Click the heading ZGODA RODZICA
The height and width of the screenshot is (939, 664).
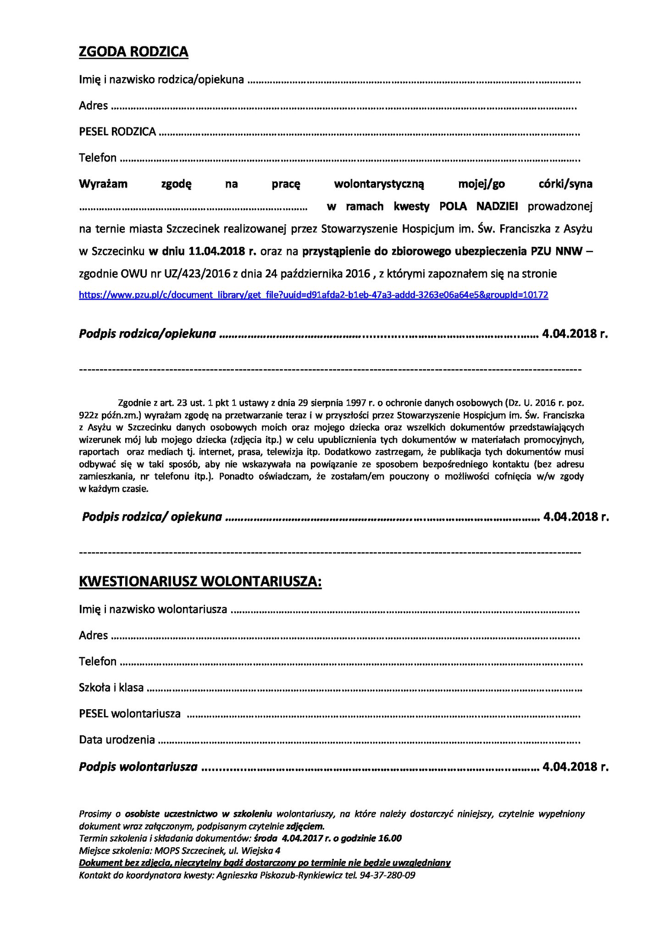(133, 52)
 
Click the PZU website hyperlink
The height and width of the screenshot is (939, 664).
(313, 295)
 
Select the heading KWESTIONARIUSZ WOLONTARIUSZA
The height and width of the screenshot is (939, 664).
(200, 581)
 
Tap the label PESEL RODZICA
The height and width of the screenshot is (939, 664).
(117, 132)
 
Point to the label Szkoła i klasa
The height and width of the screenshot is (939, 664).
(111, 688)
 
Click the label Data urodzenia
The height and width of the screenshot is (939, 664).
(117, 739)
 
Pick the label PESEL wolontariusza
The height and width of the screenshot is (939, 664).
(130, 714)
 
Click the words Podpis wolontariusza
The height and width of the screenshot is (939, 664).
(138, 767)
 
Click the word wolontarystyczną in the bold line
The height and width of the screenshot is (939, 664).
(379, 184)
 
